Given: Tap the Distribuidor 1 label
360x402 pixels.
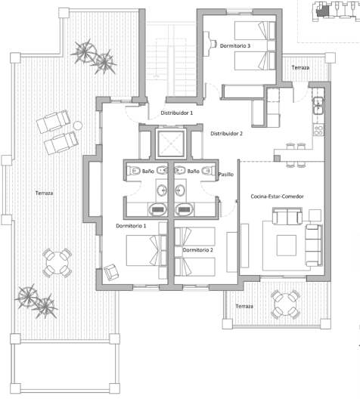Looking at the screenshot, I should pyautogui.click(x=176, y=113).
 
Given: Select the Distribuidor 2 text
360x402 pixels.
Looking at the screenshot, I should pyautogui.click(x=226, y=134).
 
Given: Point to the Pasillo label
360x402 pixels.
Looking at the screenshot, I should pyautogui.click(x=225, y=175).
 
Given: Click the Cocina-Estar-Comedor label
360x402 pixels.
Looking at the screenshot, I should pyautogui.click(x=277, y=196).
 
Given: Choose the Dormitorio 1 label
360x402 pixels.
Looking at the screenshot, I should pyautogui.click(x=130, y=226).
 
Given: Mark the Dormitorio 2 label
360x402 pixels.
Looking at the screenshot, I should pyautogui.click(x=197, y=249).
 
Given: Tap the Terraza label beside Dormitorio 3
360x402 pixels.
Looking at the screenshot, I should pyautogui.click(x=299, y=68).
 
